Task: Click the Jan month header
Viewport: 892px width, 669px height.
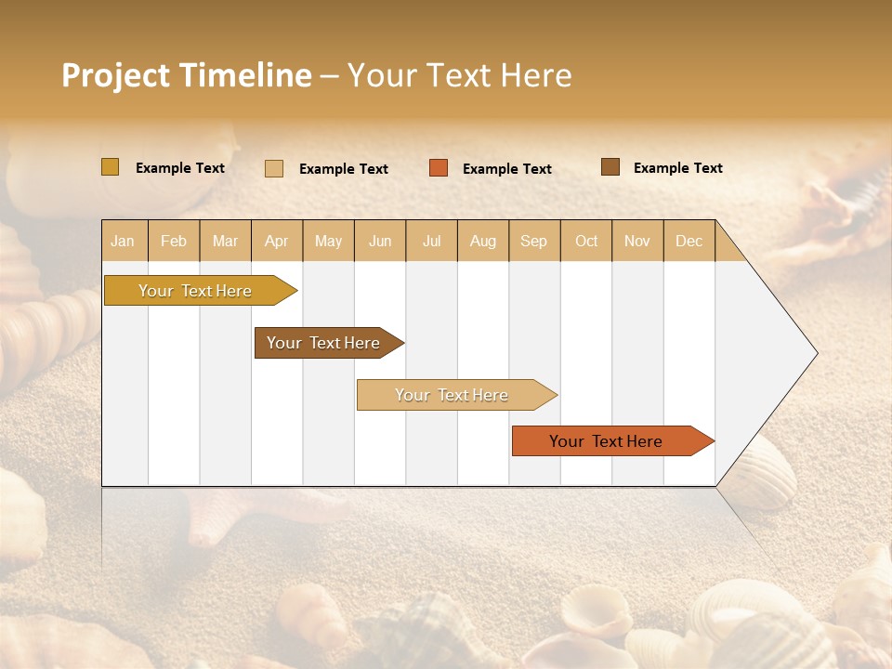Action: (x=123, y=241)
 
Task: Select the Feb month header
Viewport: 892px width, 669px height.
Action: (x=174, y=241)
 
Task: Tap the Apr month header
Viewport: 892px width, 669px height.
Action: (x=276, y=241)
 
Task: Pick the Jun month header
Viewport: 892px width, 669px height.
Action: (x=380, y=241)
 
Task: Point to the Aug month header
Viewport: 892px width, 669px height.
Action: (x=482, y=241)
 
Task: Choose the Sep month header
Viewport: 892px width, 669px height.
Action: (x=533, y=241)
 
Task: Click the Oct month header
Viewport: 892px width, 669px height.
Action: (x=586, y=241)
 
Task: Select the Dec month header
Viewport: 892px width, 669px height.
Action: (x=689, y=241)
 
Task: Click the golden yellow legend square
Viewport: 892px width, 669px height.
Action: (x=110, y=167)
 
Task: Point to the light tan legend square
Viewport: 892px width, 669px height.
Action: (x=274, y=168)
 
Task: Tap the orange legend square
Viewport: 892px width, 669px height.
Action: (x=439, y=168)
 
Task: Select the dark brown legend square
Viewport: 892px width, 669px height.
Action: (x=610, y=167)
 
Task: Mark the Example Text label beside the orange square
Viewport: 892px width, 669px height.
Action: (x=506, y=169)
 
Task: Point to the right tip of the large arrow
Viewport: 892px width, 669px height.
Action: (x=815, y=353)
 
